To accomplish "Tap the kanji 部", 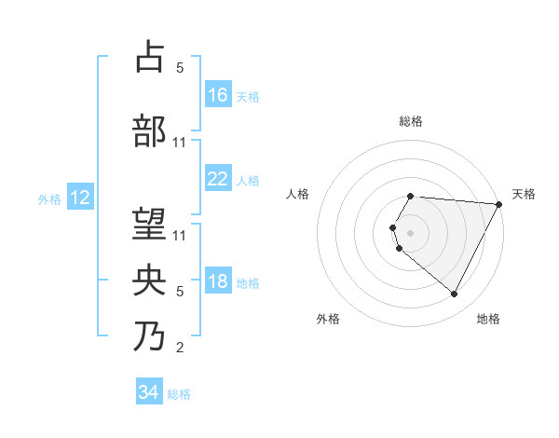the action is click(151, 130).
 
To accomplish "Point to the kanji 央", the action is click(151, 280).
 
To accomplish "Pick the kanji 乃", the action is click(151, 335).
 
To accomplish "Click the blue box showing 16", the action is click(218, 95).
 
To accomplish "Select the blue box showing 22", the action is click(218, 179).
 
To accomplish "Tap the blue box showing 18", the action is click(218, 282).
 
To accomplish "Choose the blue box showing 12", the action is click(79, 198).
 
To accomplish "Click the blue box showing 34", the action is click(148, 393).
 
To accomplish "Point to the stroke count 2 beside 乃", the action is click(180, 349).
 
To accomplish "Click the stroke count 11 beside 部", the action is click(180, 143).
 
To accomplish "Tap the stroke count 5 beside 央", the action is click(180, 292).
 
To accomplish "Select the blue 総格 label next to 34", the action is click(179, 394).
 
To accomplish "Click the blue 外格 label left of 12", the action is click(49, 198).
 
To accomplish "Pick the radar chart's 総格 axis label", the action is click(411, 121).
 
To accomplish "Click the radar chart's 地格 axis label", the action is click(488, 319).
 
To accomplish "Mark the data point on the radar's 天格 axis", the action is click(500, 204).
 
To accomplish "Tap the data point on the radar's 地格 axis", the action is click(455, 294).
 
